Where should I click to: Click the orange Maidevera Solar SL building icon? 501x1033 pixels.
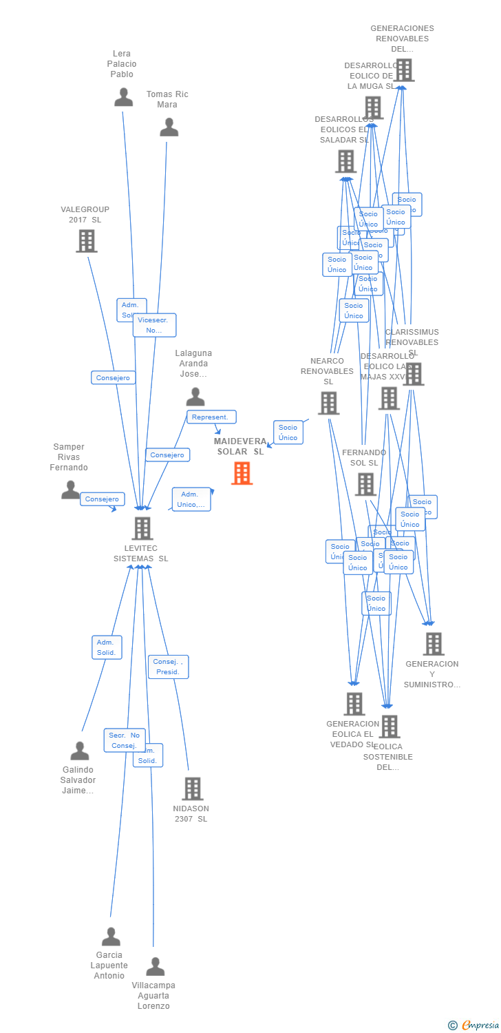click(x=242, y=473)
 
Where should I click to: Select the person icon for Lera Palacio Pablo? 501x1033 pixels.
click(x=124, y=97)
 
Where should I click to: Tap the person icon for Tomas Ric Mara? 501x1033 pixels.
click(x=169, y=127)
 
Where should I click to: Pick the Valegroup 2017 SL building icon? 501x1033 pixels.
click(x=87, y=241)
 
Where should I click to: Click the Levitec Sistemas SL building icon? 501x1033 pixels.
click(x=142, y=528)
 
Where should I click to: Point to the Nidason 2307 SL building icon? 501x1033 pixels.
click(x=192, y=789)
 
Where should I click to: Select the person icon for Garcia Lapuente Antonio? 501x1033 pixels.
click(x=111, y=937)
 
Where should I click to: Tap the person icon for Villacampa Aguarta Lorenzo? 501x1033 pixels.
click(x=155, y=967)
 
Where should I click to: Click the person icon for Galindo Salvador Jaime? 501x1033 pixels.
click(x=80, y=751)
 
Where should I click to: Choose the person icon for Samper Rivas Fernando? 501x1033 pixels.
click(x=71, y=490)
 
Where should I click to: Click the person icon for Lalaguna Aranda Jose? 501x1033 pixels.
click(x=195, y=397)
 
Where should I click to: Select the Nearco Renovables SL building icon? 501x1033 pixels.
click(x=328, y=403)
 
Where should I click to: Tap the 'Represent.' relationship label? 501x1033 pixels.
click(x=211, y=417)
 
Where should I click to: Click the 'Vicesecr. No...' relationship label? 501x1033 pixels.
click(x=154, y=325)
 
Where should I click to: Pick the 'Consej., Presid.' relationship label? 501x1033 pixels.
click(x=168, y=667)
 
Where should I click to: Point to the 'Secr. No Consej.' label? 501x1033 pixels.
click(x=125, y=740)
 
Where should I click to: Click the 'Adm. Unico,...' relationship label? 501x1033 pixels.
click(x=191, y=499)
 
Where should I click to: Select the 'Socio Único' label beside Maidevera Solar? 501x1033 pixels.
click(x=288, y=432)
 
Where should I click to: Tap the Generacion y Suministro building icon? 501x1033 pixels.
click(x=434, y=644)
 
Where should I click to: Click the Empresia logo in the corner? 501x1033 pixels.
click(x=474, y=1025)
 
